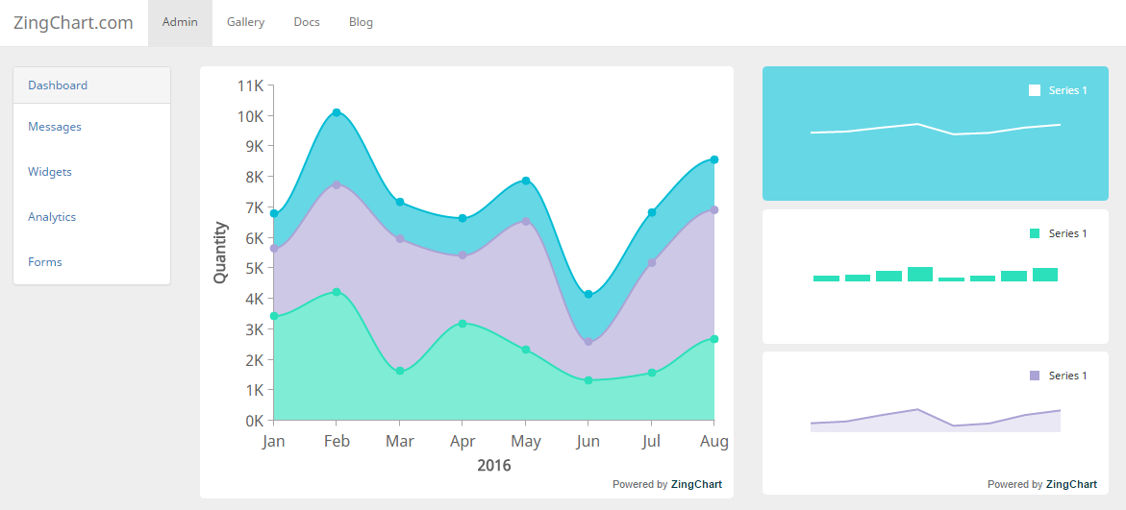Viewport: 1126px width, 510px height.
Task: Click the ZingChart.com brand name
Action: pyautogui.click(x=73, y=23)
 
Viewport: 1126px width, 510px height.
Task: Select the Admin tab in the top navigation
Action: pyautogui.click(x=180, y=22)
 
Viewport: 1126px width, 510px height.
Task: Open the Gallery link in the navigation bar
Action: pyautogui.click(x=245, y=22)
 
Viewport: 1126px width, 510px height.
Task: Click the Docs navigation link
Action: pyautogui.click(x=307, y=22)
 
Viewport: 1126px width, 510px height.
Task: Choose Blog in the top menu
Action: pyautogui.click(x=361, y=22)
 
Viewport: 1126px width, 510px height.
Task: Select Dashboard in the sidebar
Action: pyautogui.click(x=58, y=85)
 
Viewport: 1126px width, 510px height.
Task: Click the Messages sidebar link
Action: pyautogui.click(x=55, y=127)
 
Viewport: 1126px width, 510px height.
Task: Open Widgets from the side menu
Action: pyautogui.click(x=50, y=172)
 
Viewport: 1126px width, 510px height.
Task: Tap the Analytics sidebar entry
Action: pyautogui.click(x=52, y=217)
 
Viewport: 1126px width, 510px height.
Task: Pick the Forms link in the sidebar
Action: pyautogui.click(x=45, y=262)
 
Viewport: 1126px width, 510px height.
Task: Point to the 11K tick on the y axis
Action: pyautogui.click(x=250, y=85)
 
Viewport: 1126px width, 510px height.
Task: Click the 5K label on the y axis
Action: pyautogui.click(x=253, y=268)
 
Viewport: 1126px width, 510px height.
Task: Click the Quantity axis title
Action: pyautogui.click(x=221, y=253)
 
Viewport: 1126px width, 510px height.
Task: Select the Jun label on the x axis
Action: pyautogui.click(x=588, y=442)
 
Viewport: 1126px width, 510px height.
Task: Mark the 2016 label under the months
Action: pyautogui.click(x=494, y=466)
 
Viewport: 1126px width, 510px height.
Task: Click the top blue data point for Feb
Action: pyautogui.click(x=337, y=112)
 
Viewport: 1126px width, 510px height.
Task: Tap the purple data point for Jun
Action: pyautogui.click(x=588, y=341)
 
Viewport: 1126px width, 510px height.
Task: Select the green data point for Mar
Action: pyautogui.click(x=400, y=371)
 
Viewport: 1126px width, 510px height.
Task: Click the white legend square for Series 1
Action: pyautogui.click(x=1035, y=90)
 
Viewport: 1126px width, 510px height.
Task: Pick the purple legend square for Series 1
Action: pyautogui.click(x=1035, y=376)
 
